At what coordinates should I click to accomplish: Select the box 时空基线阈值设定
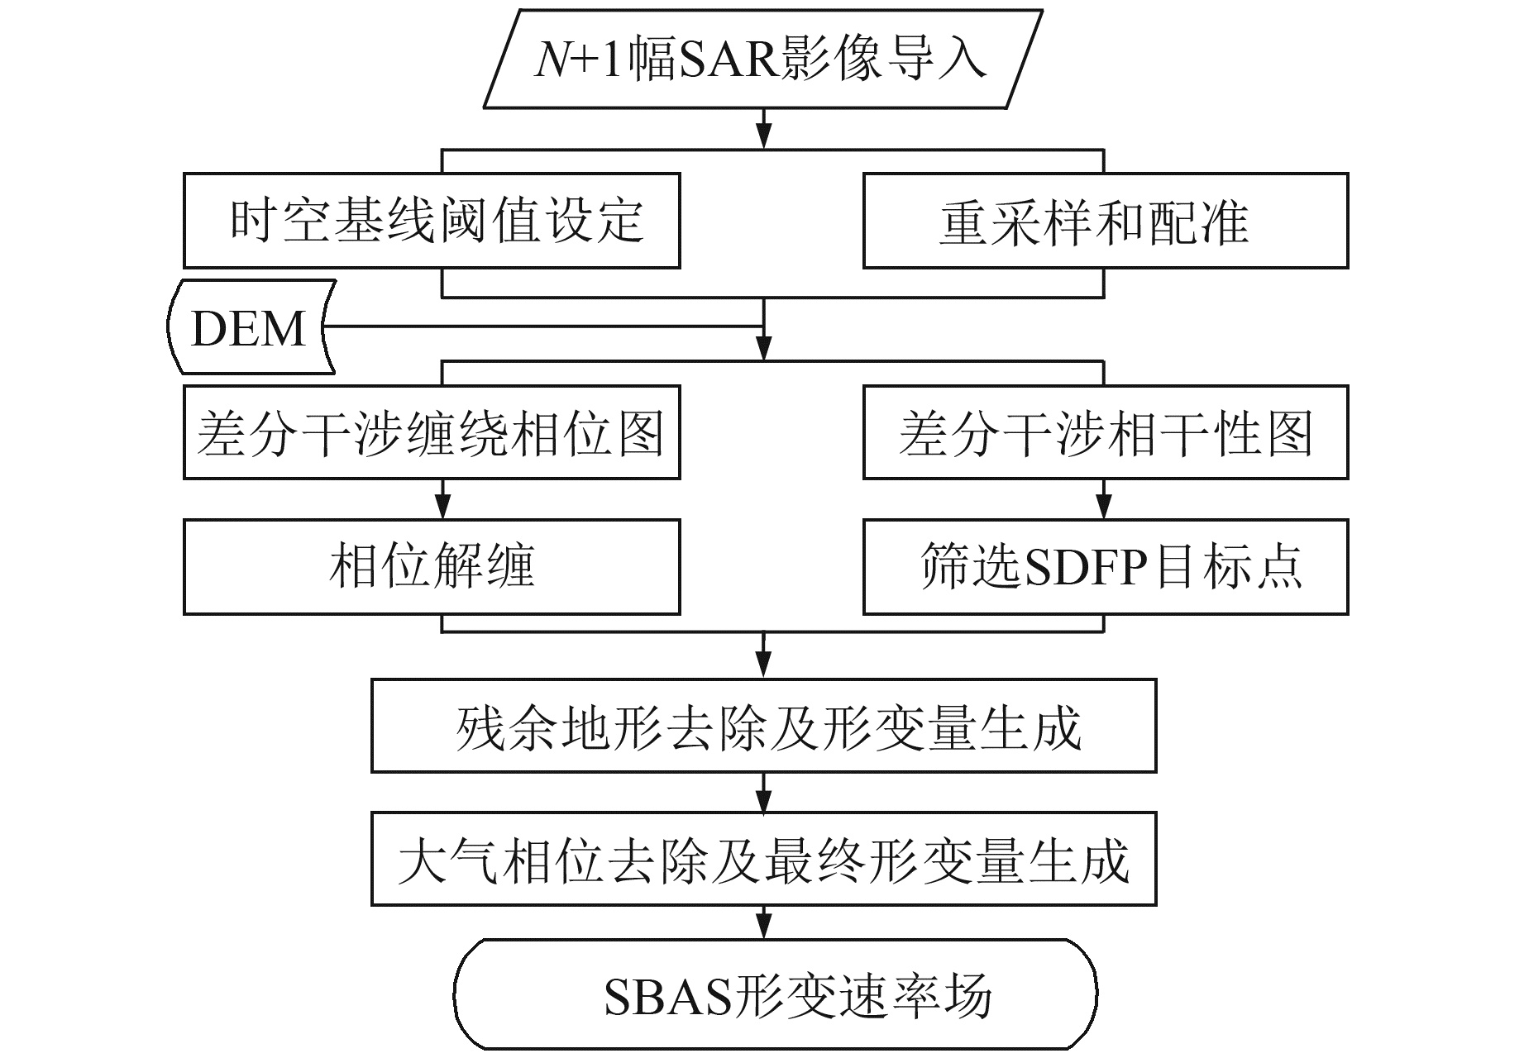(x=432, y=221)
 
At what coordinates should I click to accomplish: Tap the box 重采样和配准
(x=1106, y=221)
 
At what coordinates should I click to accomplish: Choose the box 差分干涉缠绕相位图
(x=432, y=432)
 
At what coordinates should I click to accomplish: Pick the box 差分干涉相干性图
(x=1106, y=432)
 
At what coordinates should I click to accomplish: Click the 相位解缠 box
(x=432, y=567)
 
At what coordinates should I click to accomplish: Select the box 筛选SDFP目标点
(x=1106, y=567)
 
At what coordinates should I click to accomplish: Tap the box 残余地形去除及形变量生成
(x=763, y=726)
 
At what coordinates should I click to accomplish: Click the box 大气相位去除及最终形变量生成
(x=763, y=859)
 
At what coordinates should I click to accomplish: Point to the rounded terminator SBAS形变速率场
(x=776, y=994)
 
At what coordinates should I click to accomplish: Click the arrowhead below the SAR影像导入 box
(x=764, y=137)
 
